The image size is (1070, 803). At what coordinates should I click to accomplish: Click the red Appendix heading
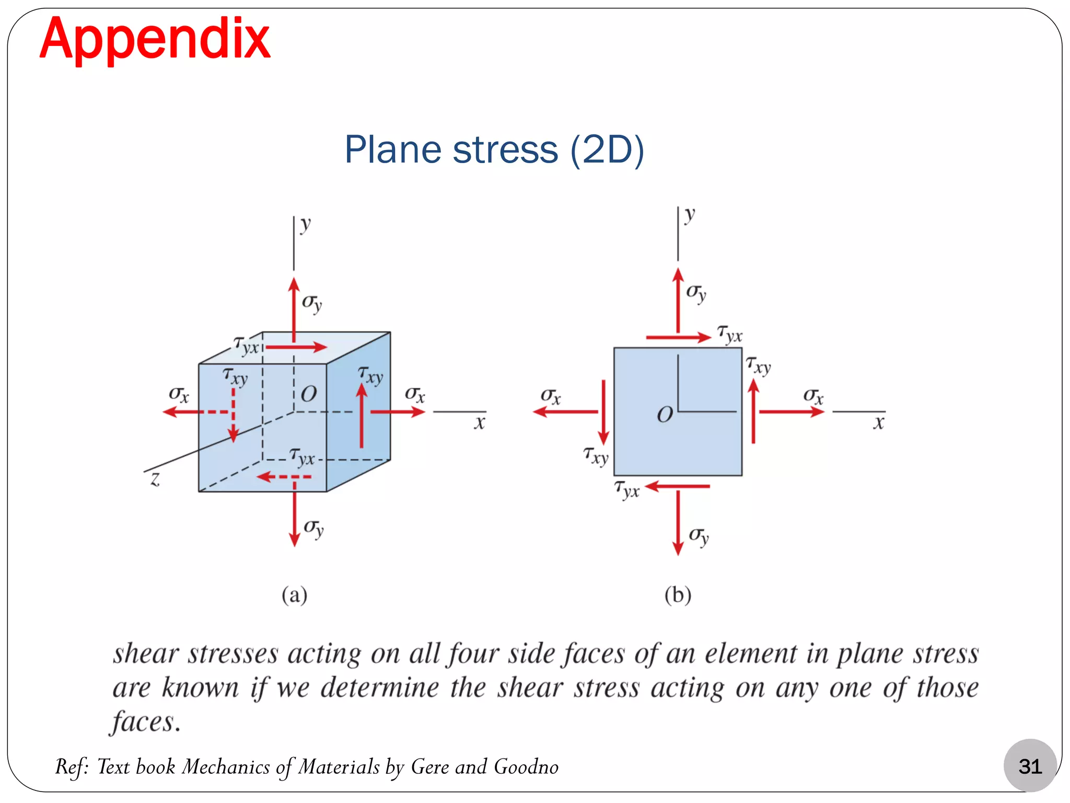point(155,39)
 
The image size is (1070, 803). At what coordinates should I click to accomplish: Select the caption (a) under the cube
point(294,595)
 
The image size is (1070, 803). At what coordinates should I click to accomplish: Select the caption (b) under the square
point(678,595)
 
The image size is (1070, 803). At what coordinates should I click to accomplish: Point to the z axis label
point(155,479)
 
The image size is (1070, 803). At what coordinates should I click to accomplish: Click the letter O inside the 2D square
point(665,415)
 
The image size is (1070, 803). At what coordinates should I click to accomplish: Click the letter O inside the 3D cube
point(309,394)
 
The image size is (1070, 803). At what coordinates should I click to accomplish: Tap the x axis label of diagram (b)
point(879,422)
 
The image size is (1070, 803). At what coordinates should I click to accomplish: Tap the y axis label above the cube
point(306,225)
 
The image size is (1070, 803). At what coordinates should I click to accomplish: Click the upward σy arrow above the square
point(678,300)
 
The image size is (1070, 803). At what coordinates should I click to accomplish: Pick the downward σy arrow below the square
point(678,523)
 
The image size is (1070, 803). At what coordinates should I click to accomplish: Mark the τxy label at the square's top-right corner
point(758,365)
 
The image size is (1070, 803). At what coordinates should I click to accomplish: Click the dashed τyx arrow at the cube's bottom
point(284,477)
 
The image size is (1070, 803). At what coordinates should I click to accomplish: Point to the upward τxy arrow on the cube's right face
point(362,416)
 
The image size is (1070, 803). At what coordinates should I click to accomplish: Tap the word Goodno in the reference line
point(526,767)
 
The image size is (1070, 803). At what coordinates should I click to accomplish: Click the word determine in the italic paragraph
point(379,688)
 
